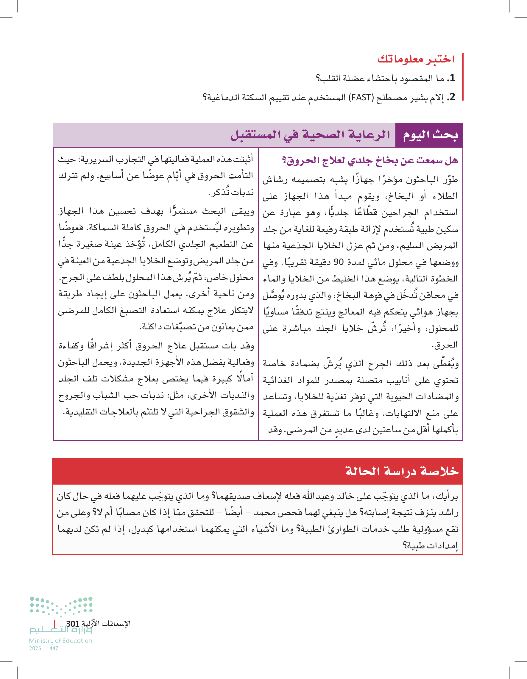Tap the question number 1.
(452, 78)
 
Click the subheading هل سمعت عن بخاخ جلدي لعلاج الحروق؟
(369, 161)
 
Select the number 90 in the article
(338, 262)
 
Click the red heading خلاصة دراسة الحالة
(402, 471)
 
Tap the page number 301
(73, 624)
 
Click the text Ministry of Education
(61, 641)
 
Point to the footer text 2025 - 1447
(44, 648)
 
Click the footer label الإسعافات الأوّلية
(106, 623)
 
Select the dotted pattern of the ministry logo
(61, 606)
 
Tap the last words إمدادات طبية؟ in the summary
(431, 546)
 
